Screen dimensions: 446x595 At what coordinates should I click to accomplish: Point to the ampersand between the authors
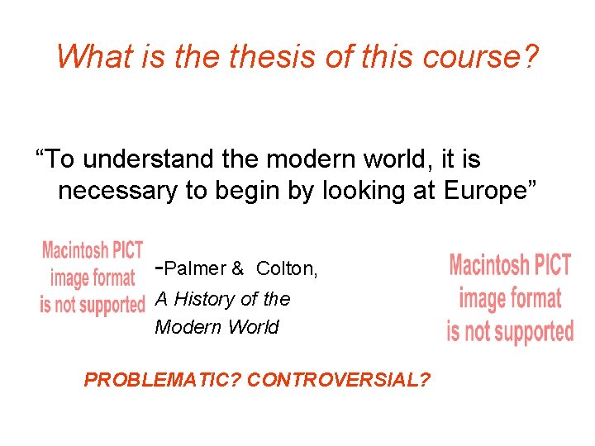[x=237, y=268]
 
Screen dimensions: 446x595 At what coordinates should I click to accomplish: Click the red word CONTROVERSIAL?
[x=339, y=380]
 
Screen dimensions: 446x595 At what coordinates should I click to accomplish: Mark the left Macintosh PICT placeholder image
[x=93, y=278]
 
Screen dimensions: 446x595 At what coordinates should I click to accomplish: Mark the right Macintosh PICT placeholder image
[x=510, y=298]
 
